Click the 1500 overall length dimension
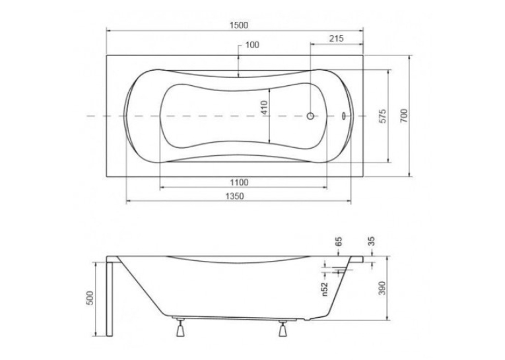239,25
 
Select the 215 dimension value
336,38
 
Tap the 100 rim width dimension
252,45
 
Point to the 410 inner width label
264,108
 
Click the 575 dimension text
382,116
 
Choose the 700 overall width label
404,116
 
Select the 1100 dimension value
239,182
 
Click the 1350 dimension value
234,196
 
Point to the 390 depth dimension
382,289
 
